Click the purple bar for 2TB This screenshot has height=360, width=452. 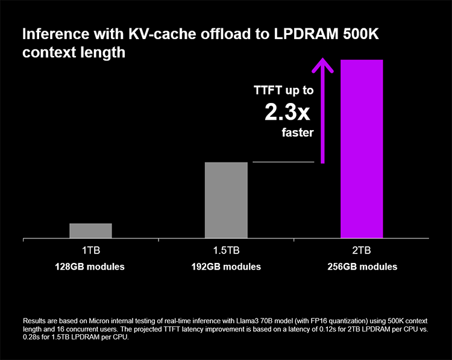(362, 149)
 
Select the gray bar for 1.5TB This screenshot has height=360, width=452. (226, 200)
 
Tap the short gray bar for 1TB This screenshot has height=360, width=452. (90, 231)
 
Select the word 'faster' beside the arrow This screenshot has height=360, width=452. (298, 133)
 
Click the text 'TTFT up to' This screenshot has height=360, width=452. (283, 91)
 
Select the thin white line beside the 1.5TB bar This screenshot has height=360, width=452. (283, 162)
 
